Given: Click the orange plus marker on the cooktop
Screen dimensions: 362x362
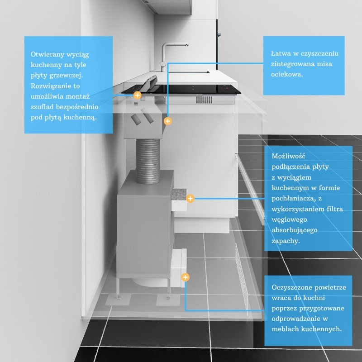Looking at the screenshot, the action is pos(138,95).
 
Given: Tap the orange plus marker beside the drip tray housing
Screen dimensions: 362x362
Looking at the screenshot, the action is pos(167,121).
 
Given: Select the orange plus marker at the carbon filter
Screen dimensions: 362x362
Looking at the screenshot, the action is pos(190,198).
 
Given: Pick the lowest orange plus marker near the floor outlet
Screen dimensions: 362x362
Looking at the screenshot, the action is pos(185,277).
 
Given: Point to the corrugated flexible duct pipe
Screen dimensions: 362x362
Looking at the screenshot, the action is pos(148,161).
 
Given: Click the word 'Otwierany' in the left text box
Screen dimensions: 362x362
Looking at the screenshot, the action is pos(48,54).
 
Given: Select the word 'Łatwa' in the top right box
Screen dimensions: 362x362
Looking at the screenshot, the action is pos(281,53).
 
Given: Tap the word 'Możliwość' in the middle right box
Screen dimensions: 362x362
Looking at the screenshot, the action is pos(288,156).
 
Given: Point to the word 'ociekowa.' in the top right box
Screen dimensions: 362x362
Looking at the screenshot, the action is pos(287,74).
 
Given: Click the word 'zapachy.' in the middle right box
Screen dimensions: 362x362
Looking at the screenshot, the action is pos(286,241).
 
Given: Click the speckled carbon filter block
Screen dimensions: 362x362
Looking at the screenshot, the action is pos(179,195).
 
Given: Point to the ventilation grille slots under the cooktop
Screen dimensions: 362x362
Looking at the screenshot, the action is pos(204,100).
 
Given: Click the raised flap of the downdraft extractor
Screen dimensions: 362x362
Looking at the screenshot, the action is pos(149,83).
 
